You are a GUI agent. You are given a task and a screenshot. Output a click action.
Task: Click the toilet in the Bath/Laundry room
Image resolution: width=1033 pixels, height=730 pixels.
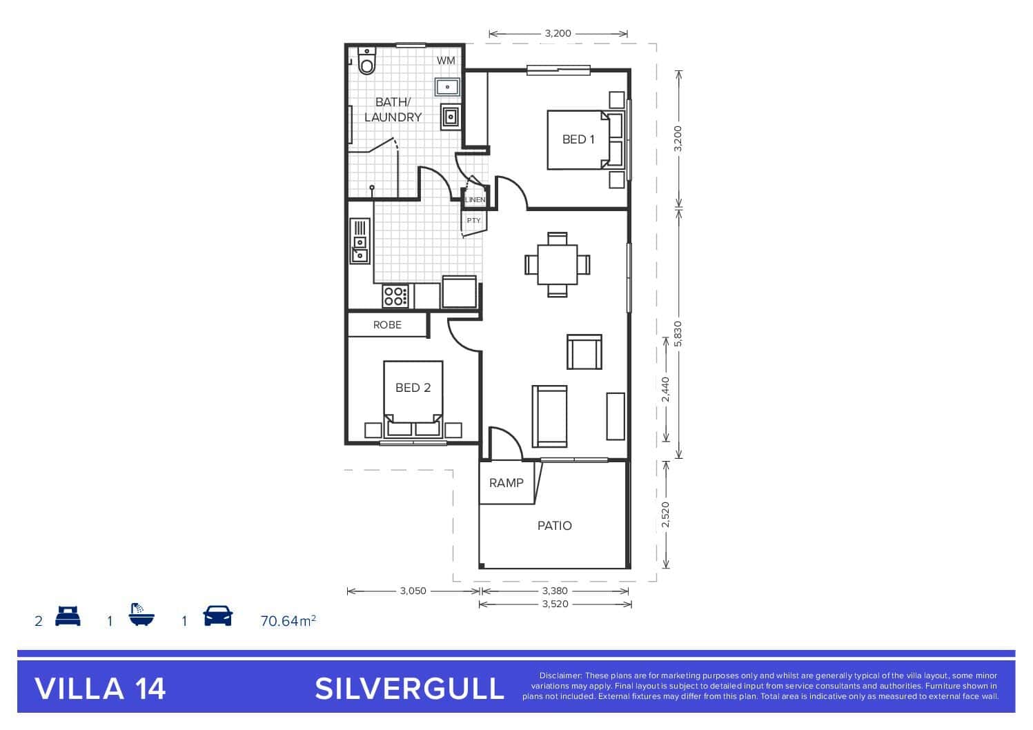click(x=367, y=61)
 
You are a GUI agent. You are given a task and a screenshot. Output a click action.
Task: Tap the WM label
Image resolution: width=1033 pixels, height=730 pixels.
click(x=446, y=61)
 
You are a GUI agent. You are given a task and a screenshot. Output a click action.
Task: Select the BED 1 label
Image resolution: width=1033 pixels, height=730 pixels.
click(x=578, y=139)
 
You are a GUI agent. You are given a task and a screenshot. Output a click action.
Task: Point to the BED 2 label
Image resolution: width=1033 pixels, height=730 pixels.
click(x=413, y=388)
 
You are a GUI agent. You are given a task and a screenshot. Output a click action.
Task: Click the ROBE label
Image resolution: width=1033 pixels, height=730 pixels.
click(x=387, y=325)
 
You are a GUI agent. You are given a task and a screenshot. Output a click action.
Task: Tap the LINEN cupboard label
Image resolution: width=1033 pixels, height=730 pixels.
click(x=475, y=199)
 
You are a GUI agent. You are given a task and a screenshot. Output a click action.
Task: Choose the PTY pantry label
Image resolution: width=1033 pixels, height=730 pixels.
click(x=473, y=220)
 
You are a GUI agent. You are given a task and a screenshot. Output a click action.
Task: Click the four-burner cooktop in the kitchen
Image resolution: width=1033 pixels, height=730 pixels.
click(x=395, y=296)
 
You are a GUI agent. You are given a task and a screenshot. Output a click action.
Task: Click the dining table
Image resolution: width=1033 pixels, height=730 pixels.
click(x=557, y=265)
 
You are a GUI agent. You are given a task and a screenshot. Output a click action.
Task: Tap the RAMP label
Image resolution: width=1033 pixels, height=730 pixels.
click(x=506, y=483)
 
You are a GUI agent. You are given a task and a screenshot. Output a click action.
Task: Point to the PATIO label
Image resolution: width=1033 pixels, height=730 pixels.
click(x=554, y=526)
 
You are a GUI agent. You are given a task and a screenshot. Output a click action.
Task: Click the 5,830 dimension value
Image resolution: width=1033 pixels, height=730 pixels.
click(x=678, y=335)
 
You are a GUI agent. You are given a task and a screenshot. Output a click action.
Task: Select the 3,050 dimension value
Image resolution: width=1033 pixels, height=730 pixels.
click(x=413, y=591)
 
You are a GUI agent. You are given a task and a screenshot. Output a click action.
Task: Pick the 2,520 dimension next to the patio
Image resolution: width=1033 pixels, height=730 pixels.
click(x=665, y=515)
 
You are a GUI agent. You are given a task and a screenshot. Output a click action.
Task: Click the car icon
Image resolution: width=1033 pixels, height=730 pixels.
click(x=218, y=615)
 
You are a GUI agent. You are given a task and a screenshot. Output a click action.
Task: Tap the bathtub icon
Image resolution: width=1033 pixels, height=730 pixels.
click(x=141, y=614)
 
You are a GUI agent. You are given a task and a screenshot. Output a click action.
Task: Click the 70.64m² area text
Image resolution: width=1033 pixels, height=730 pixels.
click(x=288, y=621)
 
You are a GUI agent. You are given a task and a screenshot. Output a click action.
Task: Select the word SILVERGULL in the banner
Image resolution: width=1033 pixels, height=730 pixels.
click(x=409, y=689)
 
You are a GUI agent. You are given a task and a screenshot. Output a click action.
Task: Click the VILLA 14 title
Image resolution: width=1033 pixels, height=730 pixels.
click(x=100, y=689)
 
